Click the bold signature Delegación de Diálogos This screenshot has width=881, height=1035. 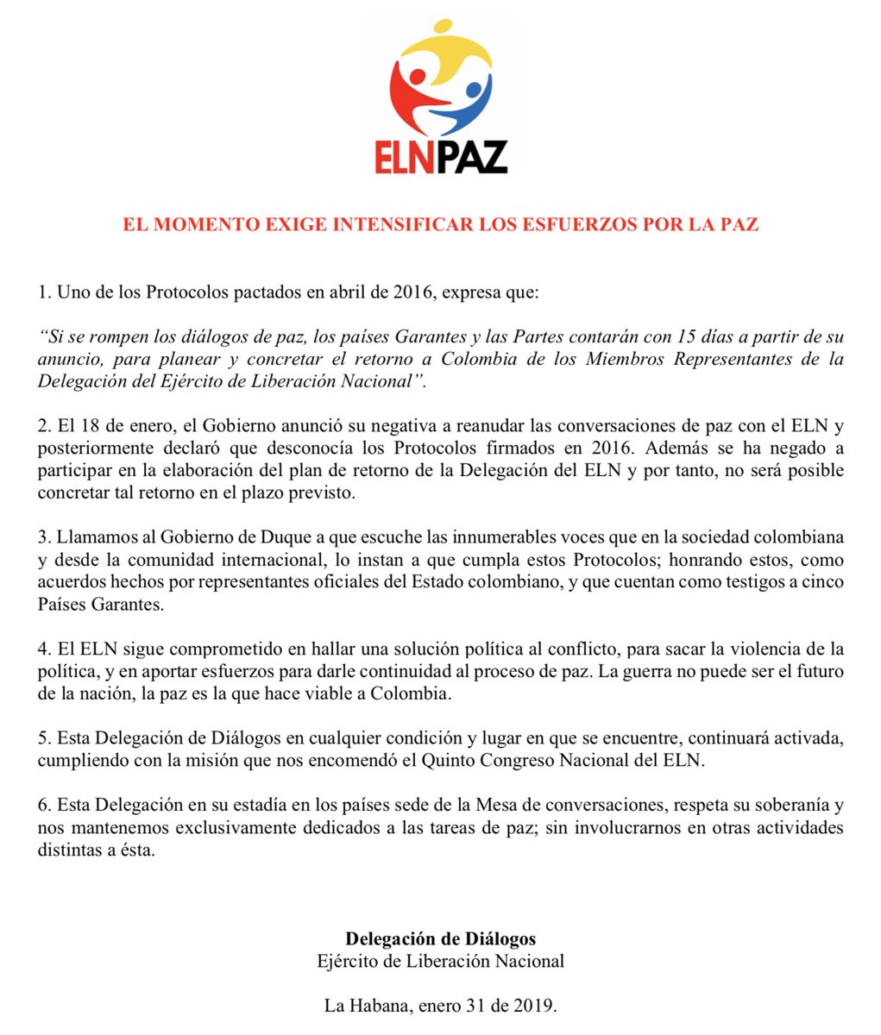click(440, 938)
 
